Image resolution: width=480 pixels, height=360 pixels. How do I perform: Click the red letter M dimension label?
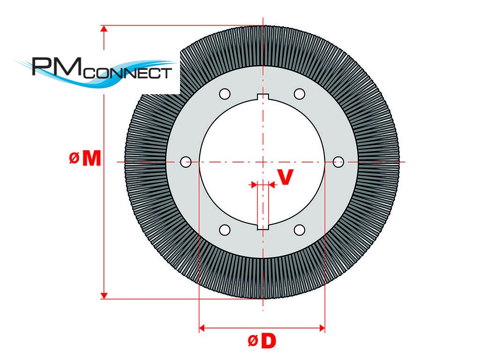tap(91, 159)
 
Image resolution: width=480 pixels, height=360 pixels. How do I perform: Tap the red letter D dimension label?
tap(268, 342)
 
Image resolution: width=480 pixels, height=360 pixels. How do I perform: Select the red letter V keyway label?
tap(286, 177)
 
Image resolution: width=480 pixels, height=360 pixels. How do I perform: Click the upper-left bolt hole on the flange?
tap(225, 94)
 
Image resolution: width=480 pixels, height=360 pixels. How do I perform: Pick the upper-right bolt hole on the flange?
tap(300, 94)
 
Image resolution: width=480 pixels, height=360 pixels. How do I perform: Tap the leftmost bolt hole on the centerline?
tap(186, 162)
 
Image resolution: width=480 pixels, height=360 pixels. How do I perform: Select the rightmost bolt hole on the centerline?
tap(338, 162)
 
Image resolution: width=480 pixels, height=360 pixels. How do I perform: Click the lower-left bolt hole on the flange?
tap(225, 230)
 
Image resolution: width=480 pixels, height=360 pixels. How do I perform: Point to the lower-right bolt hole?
tap(300, 230)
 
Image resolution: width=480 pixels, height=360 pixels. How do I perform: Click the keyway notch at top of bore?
tap(263, 97)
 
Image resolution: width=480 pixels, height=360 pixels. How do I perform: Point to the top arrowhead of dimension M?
tap(105, 29)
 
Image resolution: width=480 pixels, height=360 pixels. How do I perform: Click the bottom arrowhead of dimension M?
tap(105, 295)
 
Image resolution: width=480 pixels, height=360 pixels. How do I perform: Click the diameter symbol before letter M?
tap(74, 159)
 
